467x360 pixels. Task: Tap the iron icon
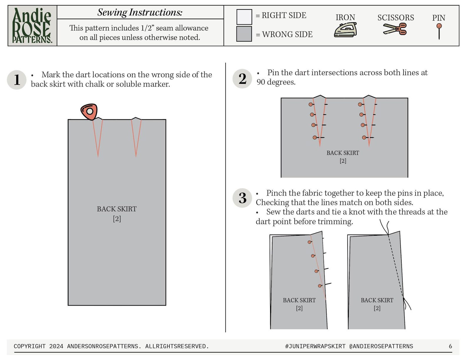pos(345,30)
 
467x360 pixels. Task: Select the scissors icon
pos(395,29)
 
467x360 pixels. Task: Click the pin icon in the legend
pos(439,31)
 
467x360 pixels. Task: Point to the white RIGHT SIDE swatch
pos(244,17)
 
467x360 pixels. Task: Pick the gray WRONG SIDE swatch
pos(244,34)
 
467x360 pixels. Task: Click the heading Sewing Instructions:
pos(140,12)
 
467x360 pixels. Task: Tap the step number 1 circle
pos(16,80)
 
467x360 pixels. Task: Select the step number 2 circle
pos(242,78)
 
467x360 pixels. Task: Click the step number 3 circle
pos(242,198)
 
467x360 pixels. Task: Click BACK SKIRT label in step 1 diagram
pos(117,209)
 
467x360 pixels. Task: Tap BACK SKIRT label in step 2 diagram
pos(343,153)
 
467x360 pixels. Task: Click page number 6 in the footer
pos(451,346)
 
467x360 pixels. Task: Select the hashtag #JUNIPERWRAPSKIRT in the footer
pos(315,346)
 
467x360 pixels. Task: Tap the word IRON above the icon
pos(345,17)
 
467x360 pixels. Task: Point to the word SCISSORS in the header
pos(396,18)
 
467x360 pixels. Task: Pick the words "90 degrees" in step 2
pos(276,82)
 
